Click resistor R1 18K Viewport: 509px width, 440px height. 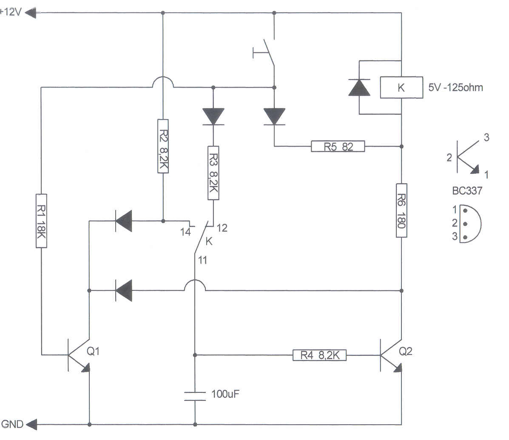point(41,220)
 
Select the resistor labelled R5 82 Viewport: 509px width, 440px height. point(338,147)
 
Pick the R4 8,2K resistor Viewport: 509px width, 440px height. point(319,355)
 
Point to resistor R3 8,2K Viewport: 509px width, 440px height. point(213,173)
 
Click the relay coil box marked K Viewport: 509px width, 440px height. point(401,88)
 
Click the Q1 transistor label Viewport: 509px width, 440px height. point(94,351)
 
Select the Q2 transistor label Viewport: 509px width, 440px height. point(406,351)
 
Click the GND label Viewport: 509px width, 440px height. point(12,424)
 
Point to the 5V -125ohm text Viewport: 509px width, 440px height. point(456,88)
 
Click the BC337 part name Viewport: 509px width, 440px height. point(467,190)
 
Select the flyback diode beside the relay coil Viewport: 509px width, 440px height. point(358,88)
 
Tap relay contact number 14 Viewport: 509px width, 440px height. point(185,231)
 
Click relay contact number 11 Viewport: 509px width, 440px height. point(202,259)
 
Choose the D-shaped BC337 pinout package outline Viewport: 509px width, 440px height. point(469,223)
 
